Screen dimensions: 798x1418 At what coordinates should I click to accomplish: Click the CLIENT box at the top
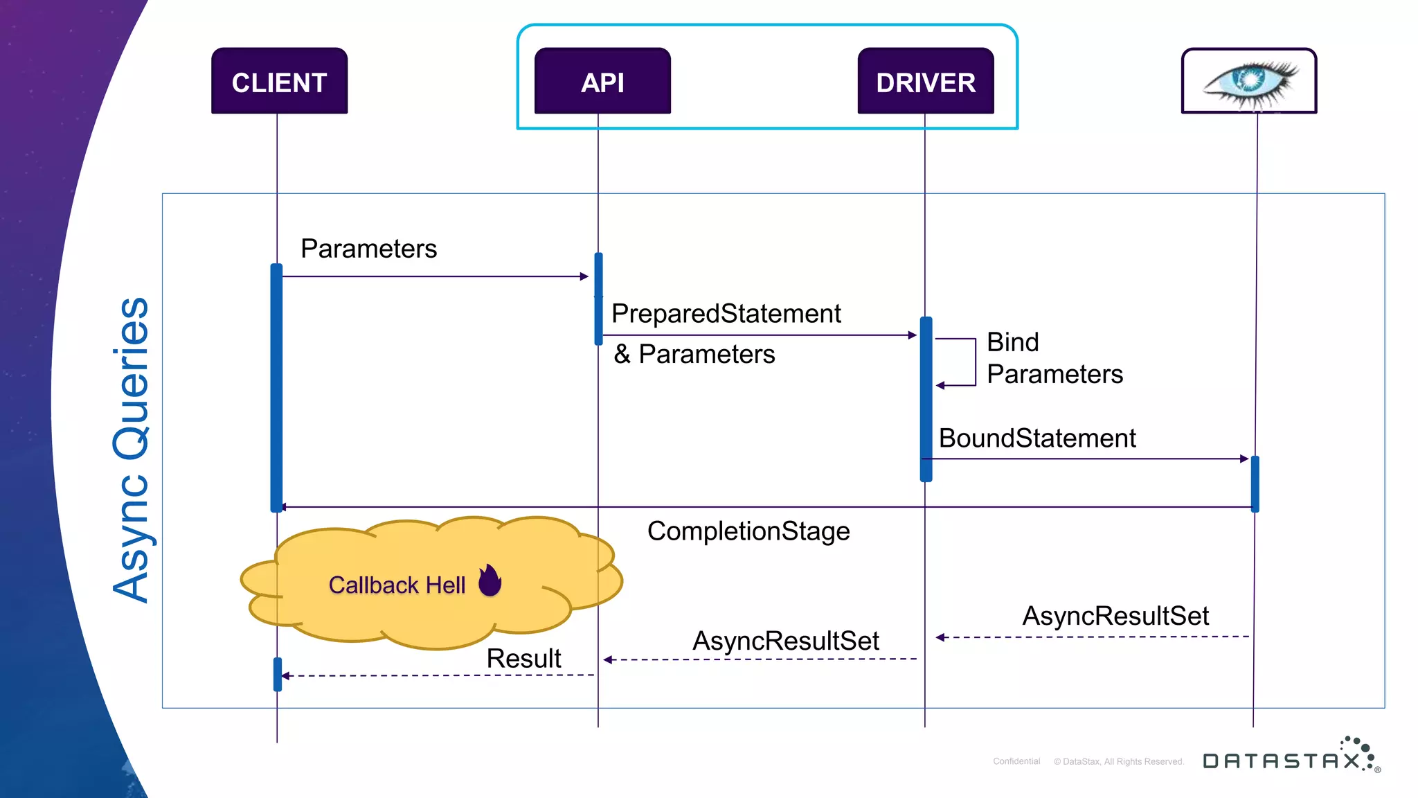(x=279, y=82)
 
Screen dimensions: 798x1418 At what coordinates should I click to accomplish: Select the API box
(x=602, y=82)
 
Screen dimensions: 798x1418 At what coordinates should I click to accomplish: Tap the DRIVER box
(x=926, y=82)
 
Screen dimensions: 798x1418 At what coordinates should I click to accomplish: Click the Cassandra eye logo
(x=1249, y=82)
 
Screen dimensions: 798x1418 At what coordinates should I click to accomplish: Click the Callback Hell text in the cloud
(x=397, y=585)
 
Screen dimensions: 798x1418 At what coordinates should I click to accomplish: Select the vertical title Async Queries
(x=131, y=450)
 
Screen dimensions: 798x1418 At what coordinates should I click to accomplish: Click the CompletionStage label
(x=748, y=531)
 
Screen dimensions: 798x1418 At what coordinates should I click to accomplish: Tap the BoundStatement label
(x=1037, y=438)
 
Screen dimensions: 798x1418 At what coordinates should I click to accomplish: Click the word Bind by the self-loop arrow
(x=1012, y=342)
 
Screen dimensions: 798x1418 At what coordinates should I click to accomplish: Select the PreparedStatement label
(x=726, y=314)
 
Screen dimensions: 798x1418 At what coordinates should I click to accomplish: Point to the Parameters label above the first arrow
(x=368, y=249)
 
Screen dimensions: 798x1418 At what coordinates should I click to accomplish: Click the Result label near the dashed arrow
(x=523, y=658)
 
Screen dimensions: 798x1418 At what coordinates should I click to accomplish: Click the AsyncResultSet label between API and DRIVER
(x=786, y=641)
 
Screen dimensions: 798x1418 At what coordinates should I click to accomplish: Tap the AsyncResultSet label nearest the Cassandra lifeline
(x=1115, y=616)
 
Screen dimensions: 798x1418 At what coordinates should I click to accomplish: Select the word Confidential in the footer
(x=1016, y=761)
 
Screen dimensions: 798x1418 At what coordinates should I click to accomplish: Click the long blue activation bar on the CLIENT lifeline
(x=276, y=388)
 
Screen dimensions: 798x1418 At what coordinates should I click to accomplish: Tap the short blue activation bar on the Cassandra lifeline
(x=1255, y=484)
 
